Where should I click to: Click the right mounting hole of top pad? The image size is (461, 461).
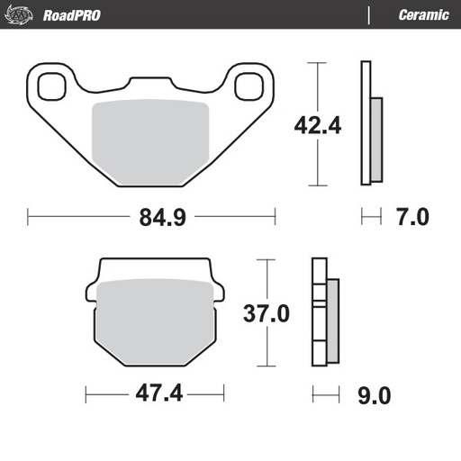249,87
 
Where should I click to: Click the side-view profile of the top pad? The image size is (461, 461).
369,123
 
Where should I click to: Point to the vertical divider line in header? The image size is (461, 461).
369,14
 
